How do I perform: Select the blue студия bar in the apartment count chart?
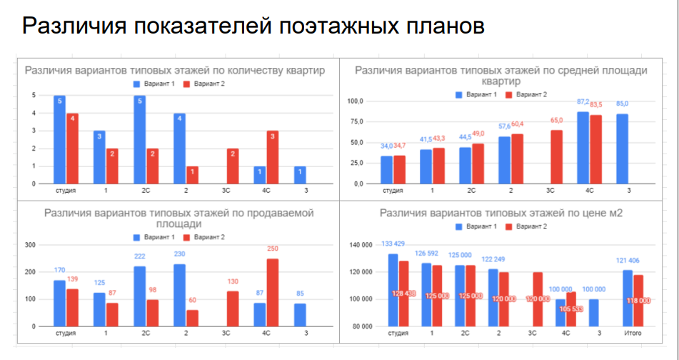tap(59, 139)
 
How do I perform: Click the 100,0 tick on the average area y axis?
tap(355, 101)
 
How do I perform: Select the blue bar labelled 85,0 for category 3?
tap(623, 149)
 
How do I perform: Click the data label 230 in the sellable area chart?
tap(179, 254)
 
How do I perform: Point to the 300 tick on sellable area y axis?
tap(30, 245)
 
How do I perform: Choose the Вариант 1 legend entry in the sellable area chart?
tap(156, 237)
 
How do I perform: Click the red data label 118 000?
tap(638, 301)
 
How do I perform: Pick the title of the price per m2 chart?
tap(503, 213)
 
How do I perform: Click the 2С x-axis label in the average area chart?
tap(471, 191)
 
